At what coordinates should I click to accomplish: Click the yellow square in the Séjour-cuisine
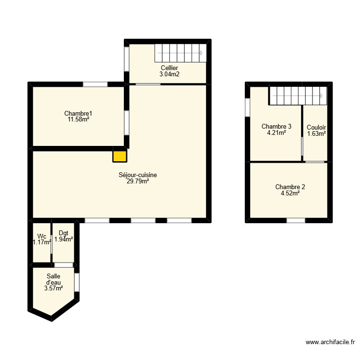tap(120, 156)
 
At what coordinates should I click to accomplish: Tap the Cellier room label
tap(169, 68)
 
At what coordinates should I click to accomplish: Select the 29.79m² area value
tap(138, 181)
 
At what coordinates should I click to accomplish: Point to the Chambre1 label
tap(78, 113)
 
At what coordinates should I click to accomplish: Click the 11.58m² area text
tap(78, 120)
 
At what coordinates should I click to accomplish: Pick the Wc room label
tap(41, 237)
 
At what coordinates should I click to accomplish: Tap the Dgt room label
tap(63, 233)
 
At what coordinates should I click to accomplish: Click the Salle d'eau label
tap(53, 279)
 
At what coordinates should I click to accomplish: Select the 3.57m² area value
tap(53, 288)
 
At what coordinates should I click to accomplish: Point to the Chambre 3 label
tap(276, 127)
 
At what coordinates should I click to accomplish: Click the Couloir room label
tap(316, 127)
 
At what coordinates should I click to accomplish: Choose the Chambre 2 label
tap(290, 187)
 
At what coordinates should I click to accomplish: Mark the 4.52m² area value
tap(290, 193)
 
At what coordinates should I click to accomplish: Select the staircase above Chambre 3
tap(297, 96)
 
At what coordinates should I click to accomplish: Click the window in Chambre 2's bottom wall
tap(296, 220)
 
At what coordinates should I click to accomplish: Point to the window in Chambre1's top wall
tap(95, 84)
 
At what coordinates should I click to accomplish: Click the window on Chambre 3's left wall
tap(247, 107)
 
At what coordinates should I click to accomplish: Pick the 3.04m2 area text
tap(169, 74)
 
